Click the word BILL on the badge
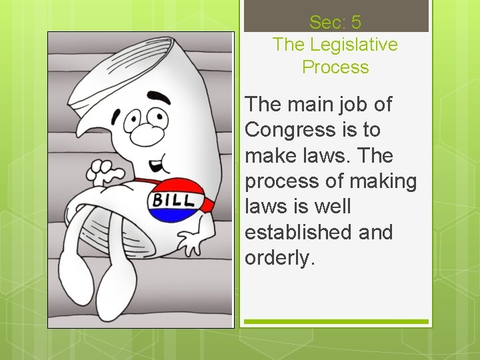pyautogui.click(x=175, y=200)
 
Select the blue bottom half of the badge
pyautogui.click(x=177, y=214)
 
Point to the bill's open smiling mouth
pyautogui.click(x=155, y=164)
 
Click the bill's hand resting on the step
pyautogui.click(x=193, y=243)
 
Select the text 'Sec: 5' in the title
pyautogui.click(x=335, y=22)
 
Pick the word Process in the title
pyautogui.click(x=335, y=67)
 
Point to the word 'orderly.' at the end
pyautogui.click(x=279, y=258)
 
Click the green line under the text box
pyautogui.click(x=335, y=321)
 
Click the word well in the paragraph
pyautogui.click(x=330, y=207)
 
